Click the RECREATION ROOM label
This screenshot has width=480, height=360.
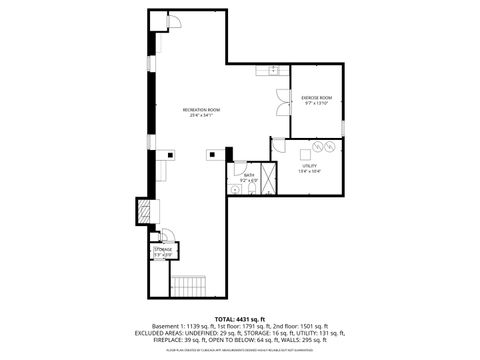196,108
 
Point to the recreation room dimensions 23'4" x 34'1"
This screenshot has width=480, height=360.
196,115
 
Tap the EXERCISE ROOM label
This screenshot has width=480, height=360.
316,98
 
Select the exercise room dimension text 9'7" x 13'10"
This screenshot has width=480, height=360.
316,104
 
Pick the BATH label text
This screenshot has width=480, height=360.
248,175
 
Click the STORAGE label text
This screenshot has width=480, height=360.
162,250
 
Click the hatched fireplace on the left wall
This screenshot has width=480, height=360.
145,211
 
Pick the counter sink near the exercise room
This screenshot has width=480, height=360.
272,71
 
